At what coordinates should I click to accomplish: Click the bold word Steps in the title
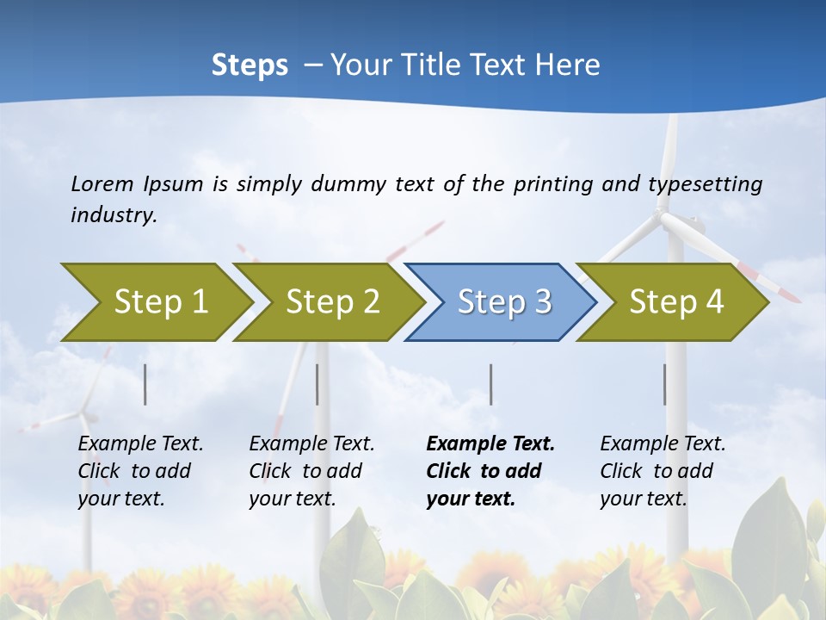250,65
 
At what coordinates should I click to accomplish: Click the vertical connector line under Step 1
145,384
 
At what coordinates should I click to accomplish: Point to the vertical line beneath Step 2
317,384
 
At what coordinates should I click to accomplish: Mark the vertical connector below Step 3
490,384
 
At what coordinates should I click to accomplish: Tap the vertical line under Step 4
664,384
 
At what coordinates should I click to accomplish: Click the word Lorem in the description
102,183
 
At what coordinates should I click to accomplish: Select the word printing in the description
553,184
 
